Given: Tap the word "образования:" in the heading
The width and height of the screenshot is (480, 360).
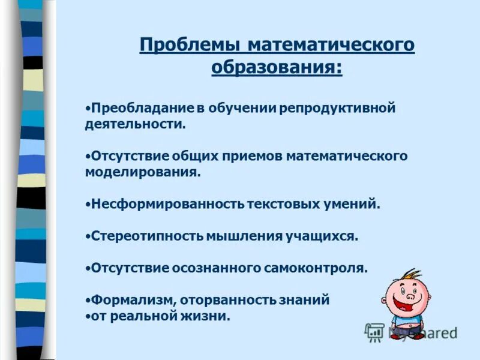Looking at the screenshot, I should pyautogui.click(x=277, y=67).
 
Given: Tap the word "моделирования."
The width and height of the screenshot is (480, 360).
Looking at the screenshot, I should pyautogui.click(x=142, y=172).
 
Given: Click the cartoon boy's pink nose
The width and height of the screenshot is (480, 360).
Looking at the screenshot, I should pyautogui.click(x=410, y=296).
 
